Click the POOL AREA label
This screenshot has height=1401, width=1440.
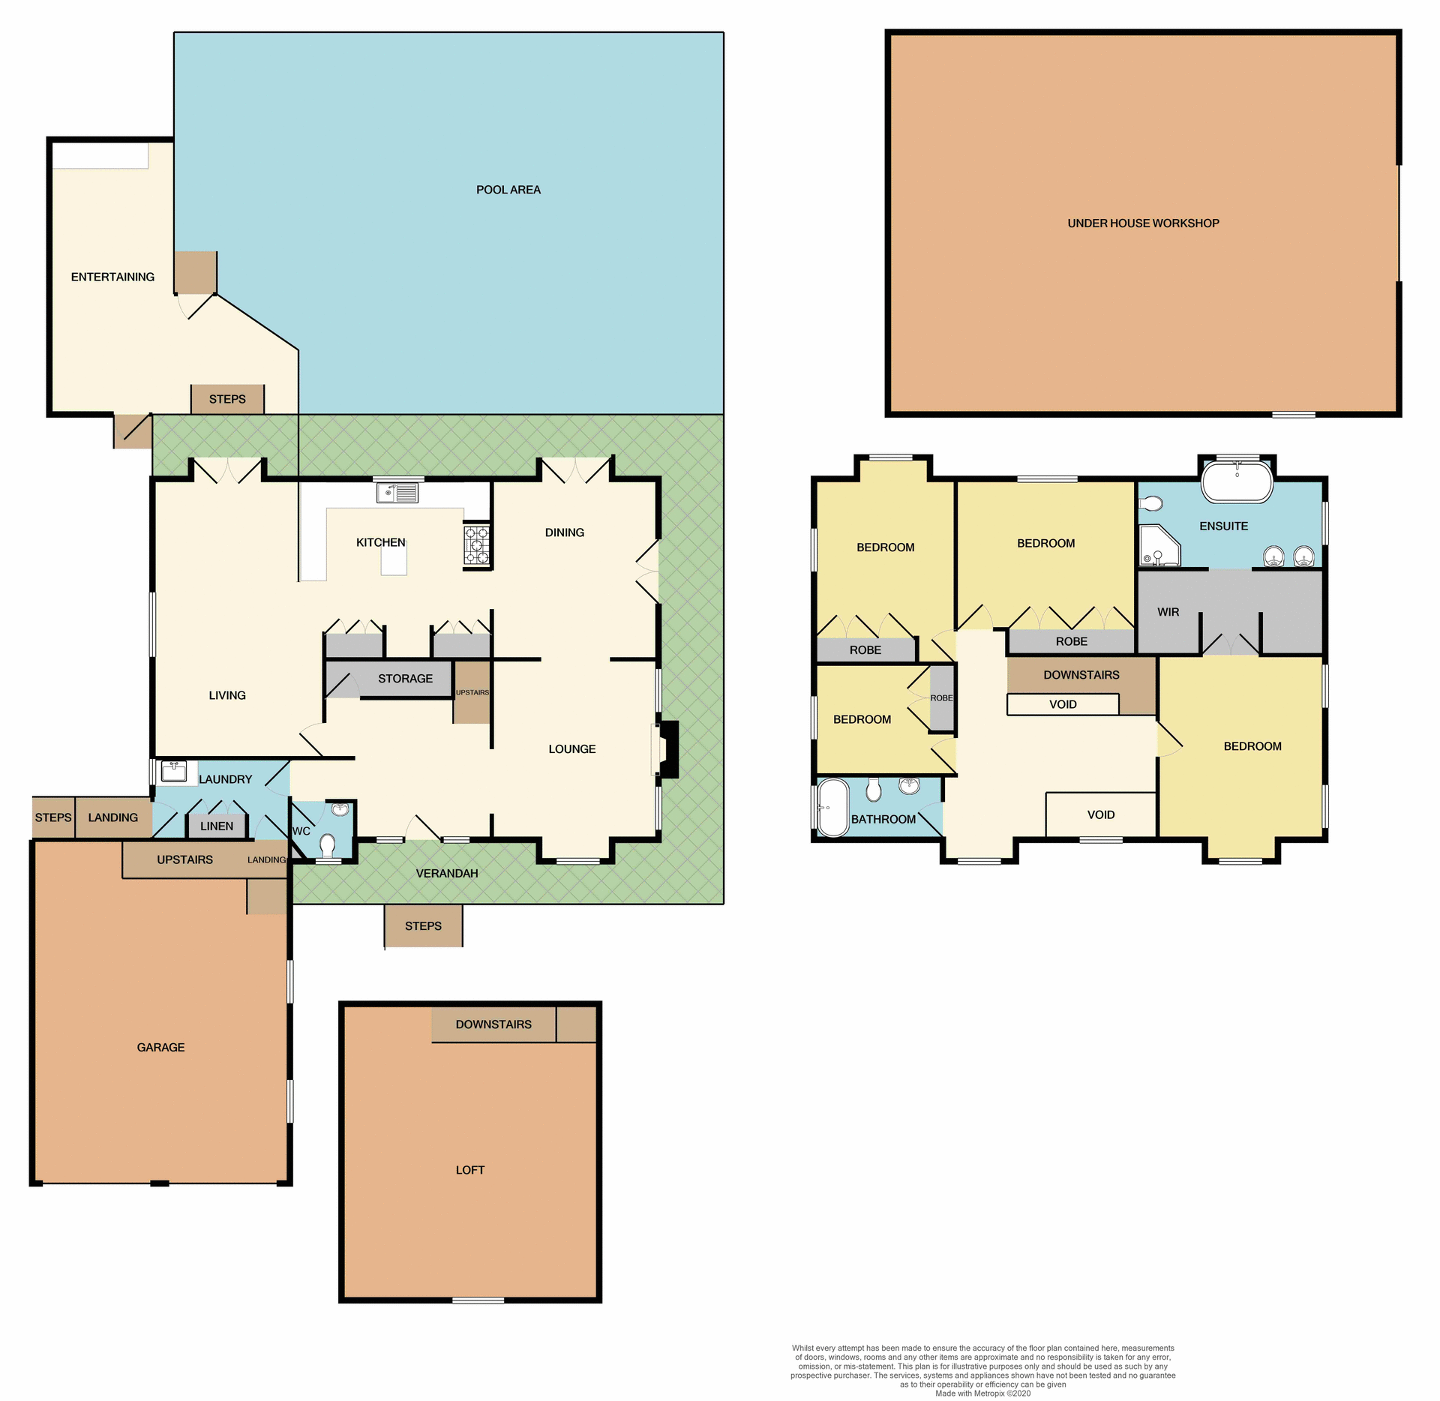point(508,190)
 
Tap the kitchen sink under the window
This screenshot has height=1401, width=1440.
point(397,493)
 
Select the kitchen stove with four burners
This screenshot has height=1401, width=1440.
point(476,545)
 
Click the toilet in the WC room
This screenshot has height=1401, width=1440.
point(327,845)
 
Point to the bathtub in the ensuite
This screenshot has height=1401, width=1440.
point(1237,481)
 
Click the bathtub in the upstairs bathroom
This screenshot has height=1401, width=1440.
point(832,807)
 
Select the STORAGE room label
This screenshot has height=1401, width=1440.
point(405,679)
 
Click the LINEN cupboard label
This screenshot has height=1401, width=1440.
point(217,826)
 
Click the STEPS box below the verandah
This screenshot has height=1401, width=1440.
point(423,926)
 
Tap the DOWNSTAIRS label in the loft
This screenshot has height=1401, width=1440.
point(493,1024)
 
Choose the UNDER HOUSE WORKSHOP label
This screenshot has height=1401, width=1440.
point(1143,223)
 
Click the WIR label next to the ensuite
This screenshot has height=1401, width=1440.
point(1168,612)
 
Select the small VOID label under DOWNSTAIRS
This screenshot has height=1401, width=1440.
point(1063,704)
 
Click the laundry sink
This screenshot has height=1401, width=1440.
point(174,771)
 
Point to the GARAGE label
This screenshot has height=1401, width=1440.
point(160,1047)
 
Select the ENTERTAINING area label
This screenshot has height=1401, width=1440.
point(112,277)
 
